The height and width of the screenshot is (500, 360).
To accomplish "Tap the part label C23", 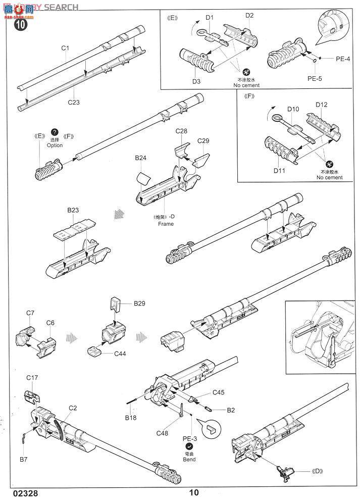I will [x=74, y=102].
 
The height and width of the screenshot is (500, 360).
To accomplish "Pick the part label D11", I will [x=280, y=170].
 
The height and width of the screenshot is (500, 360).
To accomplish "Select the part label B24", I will [x=141, y=158].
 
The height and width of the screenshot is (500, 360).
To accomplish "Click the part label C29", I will [x=203, y=140].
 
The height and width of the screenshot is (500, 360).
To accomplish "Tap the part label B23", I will [x=73, y=209].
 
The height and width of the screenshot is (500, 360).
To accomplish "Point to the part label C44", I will [x=120, y=354].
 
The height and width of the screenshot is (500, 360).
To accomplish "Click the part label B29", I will [x=139, y=304].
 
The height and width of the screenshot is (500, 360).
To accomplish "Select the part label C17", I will [x=32, y=377].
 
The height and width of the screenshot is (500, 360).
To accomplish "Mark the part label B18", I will [x=131, y=417].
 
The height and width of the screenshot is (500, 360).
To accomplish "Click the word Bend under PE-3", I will [x=189, y=460].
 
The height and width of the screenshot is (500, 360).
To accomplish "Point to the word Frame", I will [x=165, y=223].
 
